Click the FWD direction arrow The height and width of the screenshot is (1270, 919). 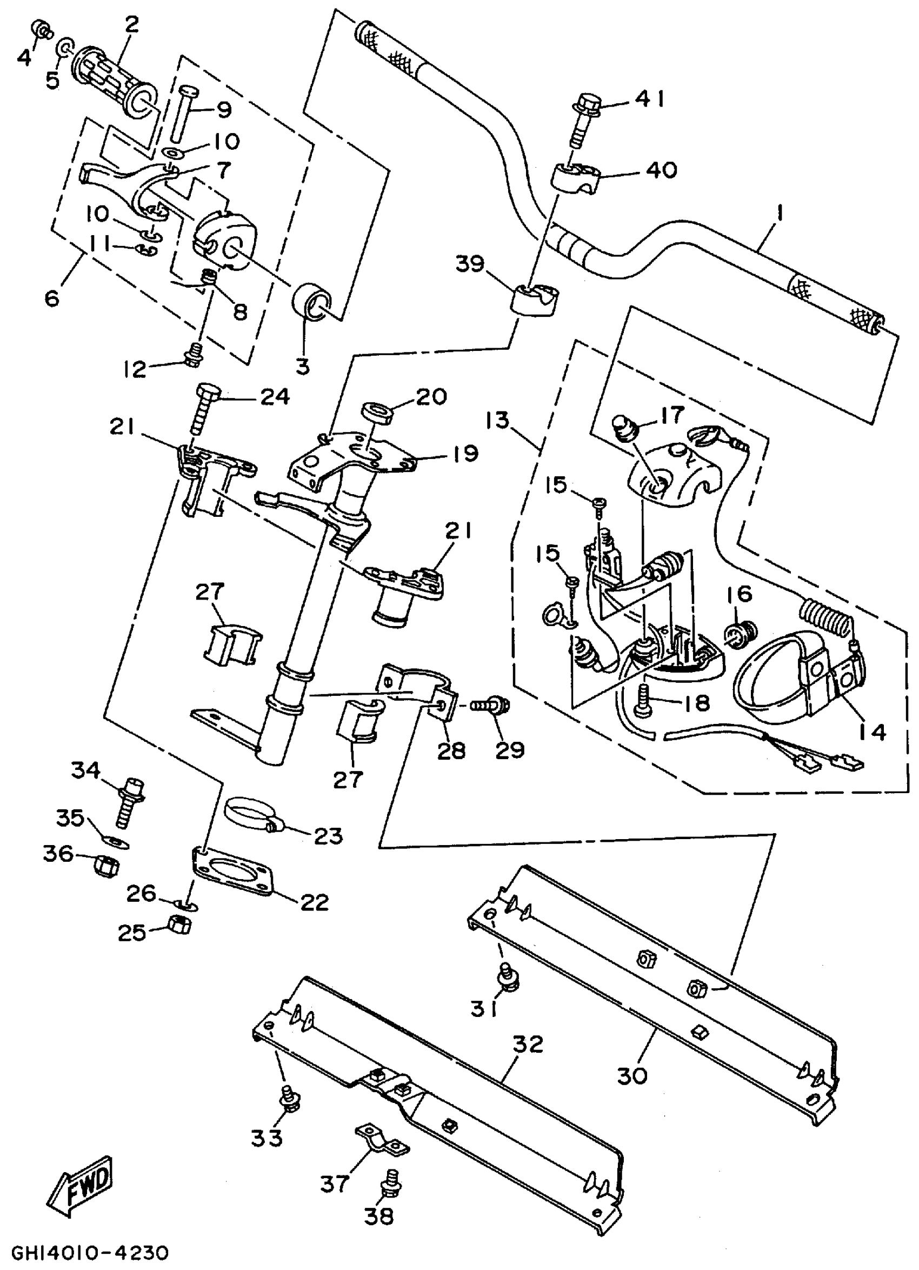click(85, 1186)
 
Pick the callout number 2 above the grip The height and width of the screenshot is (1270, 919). click(132, 25)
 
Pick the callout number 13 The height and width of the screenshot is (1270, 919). click(498, 420)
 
